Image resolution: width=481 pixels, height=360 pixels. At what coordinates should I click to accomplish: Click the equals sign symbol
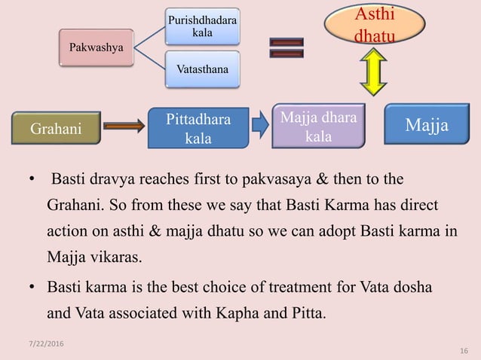point(287,48)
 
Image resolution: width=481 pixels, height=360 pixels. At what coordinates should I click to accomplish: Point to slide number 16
point(463,351)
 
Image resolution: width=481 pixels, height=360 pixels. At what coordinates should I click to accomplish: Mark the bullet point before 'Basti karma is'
point(32,287)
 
